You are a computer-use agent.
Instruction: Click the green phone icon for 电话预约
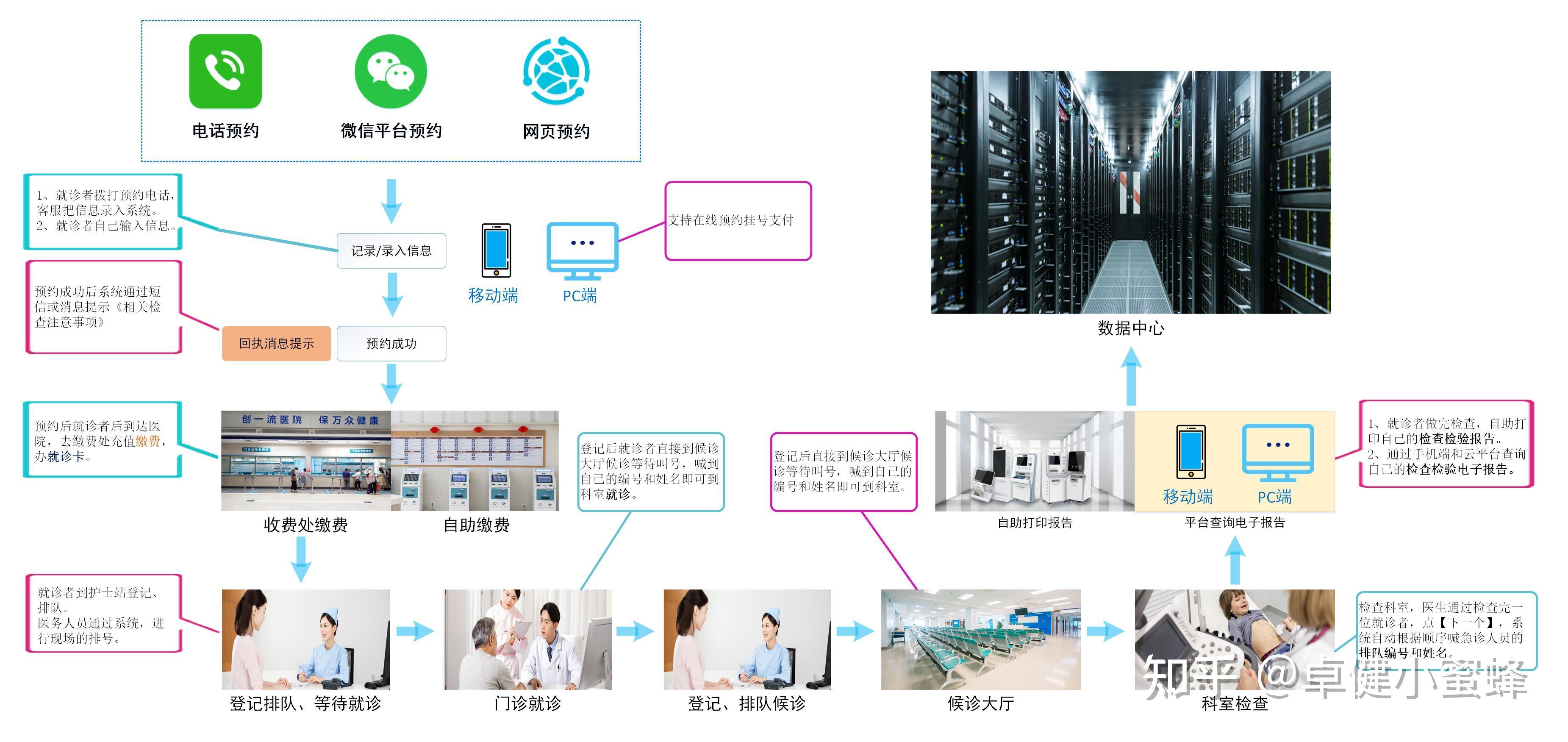(225, 71)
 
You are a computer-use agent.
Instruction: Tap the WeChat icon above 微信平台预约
(391, 71)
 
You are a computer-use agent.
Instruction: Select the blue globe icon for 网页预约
(556, 71)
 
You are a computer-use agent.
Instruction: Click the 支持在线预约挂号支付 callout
(738, 221)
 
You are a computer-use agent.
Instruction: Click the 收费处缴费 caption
(305, 525)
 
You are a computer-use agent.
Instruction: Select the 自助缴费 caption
(476, 525)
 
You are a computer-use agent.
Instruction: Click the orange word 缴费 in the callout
(148, 441)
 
